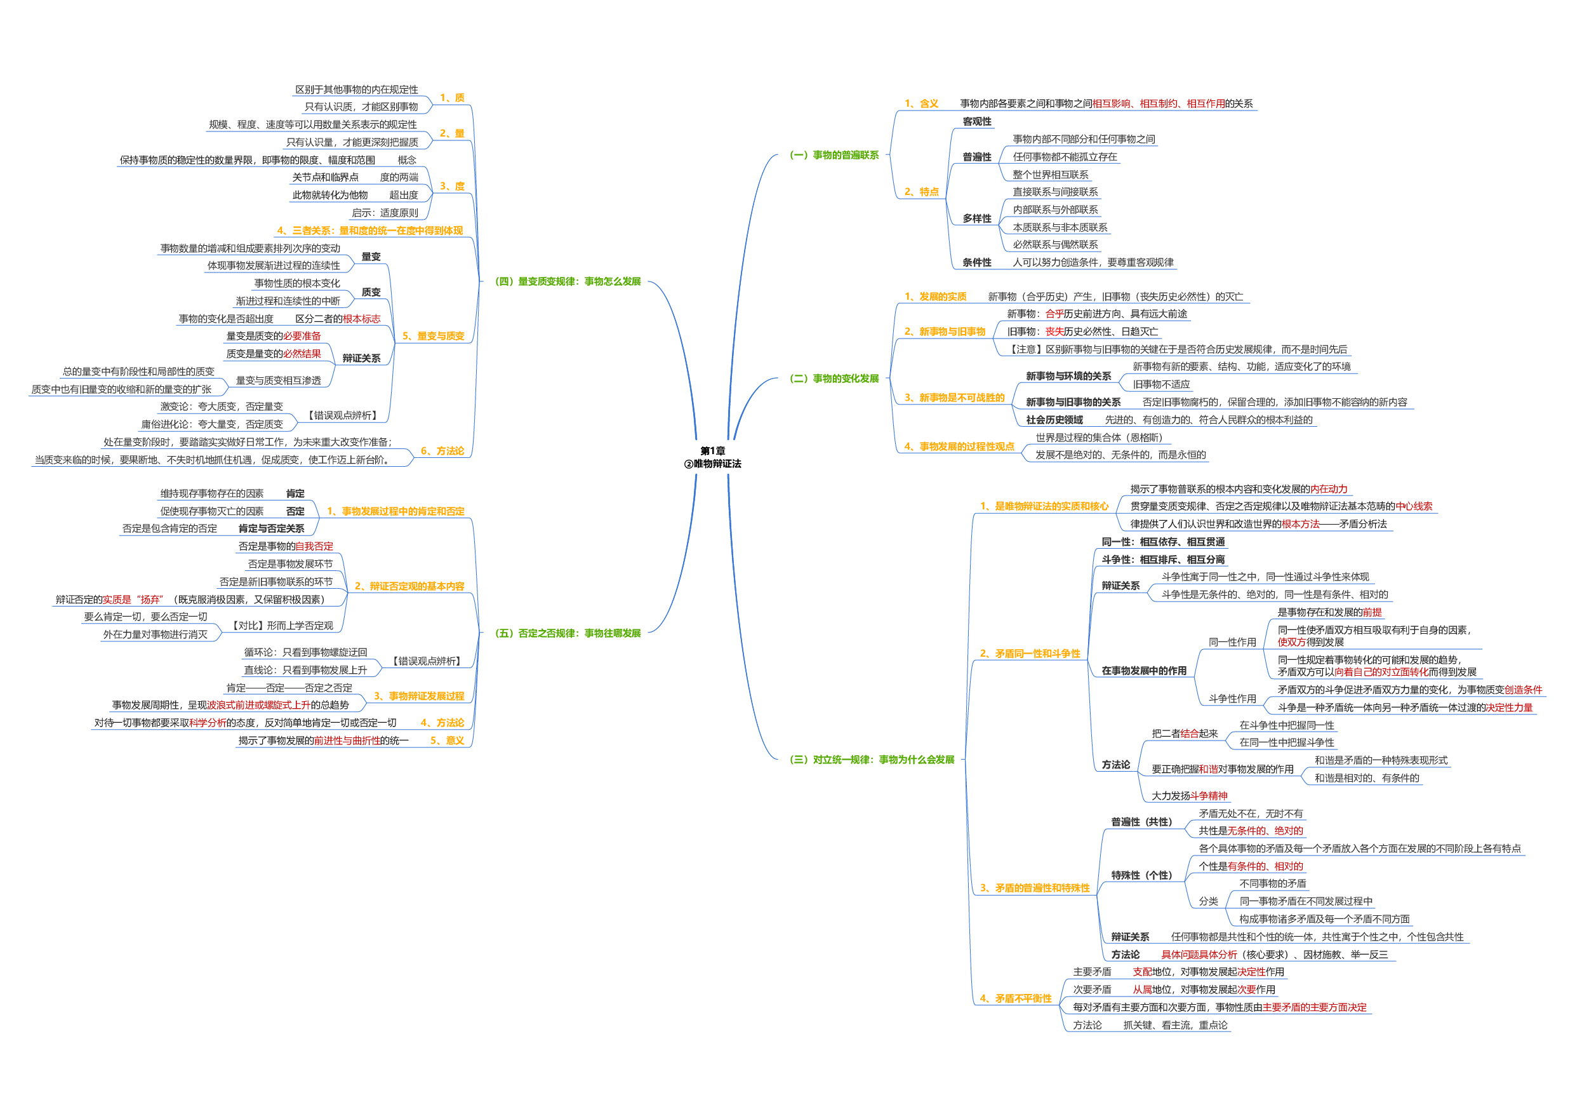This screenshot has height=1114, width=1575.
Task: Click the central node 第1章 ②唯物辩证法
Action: (x=712, y=457)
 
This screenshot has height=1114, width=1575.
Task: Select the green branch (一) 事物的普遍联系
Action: (x=834, y=155)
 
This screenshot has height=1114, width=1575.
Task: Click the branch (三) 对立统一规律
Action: (x=871, y=760)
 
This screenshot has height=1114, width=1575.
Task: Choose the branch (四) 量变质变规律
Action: (x=568, y=281)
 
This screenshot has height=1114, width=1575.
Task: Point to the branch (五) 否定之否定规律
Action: (x=568, y=633)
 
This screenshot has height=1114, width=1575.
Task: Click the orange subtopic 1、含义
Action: (x=920, y=104)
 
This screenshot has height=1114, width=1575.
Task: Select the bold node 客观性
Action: (x=977, y=121)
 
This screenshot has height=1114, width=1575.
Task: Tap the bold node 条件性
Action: (x=977, y=262)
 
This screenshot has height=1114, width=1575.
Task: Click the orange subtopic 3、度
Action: (x=452, y=186)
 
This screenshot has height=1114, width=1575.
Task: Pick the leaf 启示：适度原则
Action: (x=385, y=213)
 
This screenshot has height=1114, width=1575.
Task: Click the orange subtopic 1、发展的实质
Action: (x=935, y=297)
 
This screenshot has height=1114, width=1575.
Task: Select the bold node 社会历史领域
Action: (x=1054, y=420)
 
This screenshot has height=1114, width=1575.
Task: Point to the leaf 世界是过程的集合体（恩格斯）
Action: (x=1099, y=437)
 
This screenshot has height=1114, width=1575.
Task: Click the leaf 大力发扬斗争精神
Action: (x=1190, y=796)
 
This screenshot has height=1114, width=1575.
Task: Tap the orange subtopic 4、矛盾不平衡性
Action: (x=1015, y=998)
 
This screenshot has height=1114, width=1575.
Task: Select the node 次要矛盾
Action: (x=1092, y=990)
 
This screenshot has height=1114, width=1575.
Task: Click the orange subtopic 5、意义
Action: (x=448, y=741)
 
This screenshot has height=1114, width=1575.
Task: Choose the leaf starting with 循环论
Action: (x=305, y=652)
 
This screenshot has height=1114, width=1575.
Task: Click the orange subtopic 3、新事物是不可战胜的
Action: (x=954, y=398)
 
